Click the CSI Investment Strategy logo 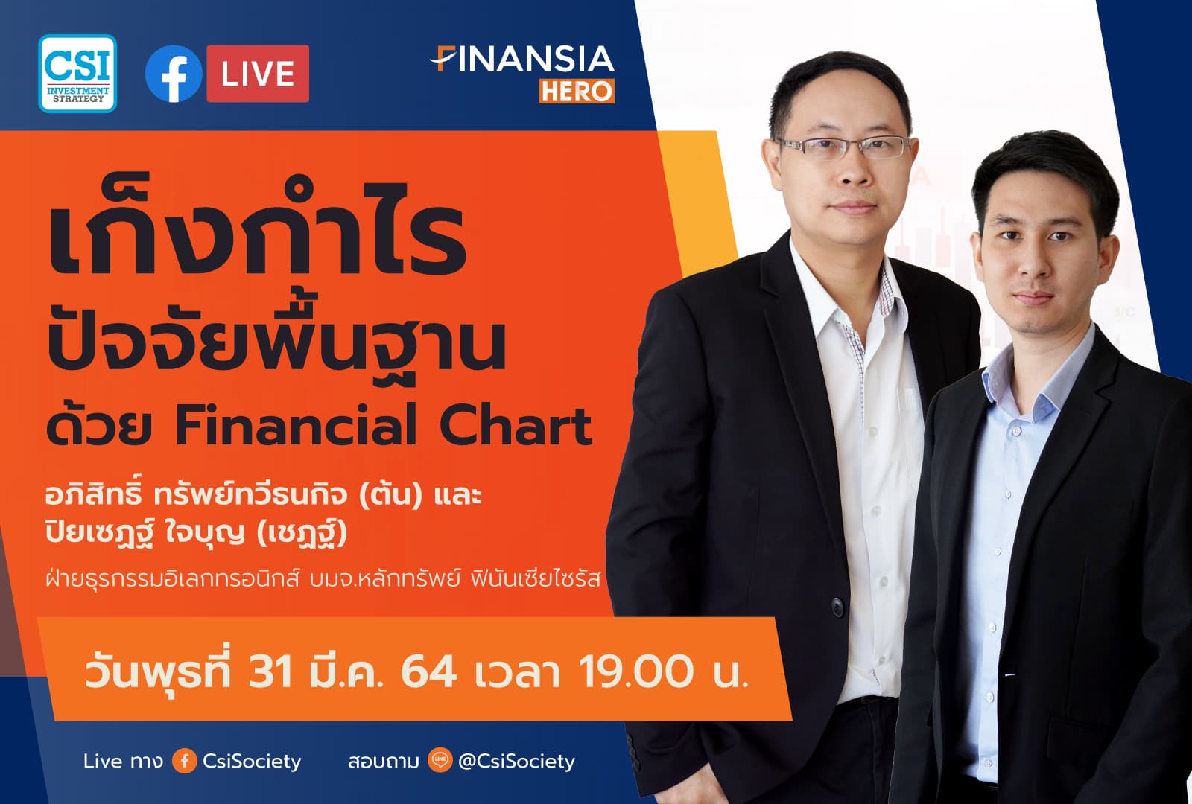click(x=77, y=74)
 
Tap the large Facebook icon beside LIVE click(x=173, y=74)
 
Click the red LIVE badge click(x=257, y=74)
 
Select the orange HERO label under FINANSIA click(x=577, y=91)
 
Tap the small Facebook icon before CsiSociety click(x=184, y=761)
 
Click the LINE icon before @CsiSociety click(x=440, y=761)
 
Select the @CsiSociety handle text click(x=516, y=761)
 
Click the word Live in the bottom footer click(x=102, y=761)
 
